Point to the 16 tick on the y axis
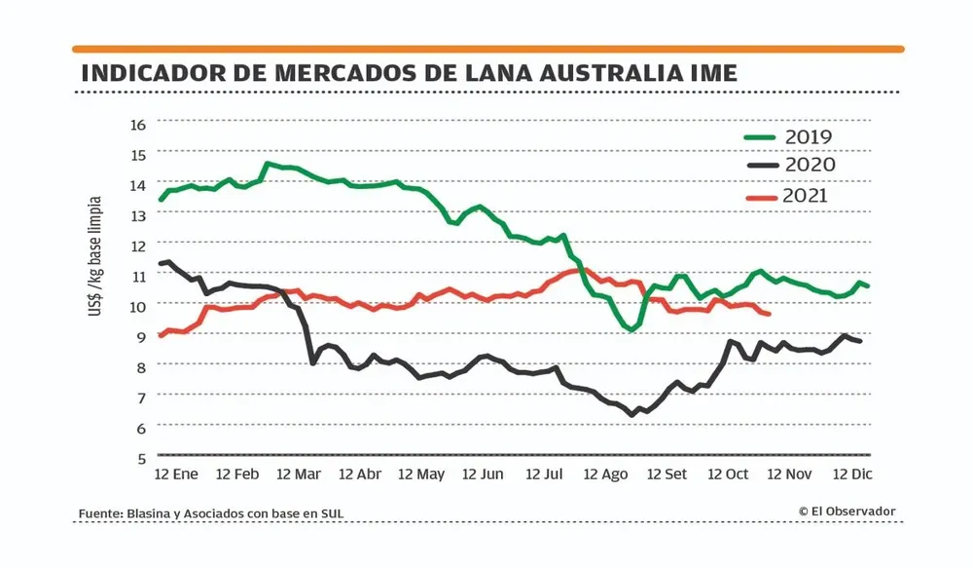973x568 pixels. click(x=136, y=124)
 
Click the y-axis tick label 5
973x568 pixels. click(x=141, y=457)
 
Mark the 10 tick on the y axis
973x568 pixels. click(x=136, y=305)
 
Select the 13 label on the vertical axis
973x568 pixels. click(x=136, y=214)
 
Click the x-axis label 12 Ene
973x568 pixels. click(x=176, y=474)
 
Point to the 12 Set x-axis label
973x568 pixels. click(x=667, y=474)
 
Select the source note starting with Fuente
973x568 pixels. click(x=211, y=514)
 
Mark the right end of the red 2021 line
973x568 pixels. click(x=770, y=314)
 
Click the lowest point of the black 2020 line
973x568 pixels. click(x=631, y=415)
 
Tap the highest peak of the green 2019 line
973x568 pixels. click(x=268, y=164)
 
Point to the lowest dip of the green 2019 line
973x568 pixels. click(x=631, y=330)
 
